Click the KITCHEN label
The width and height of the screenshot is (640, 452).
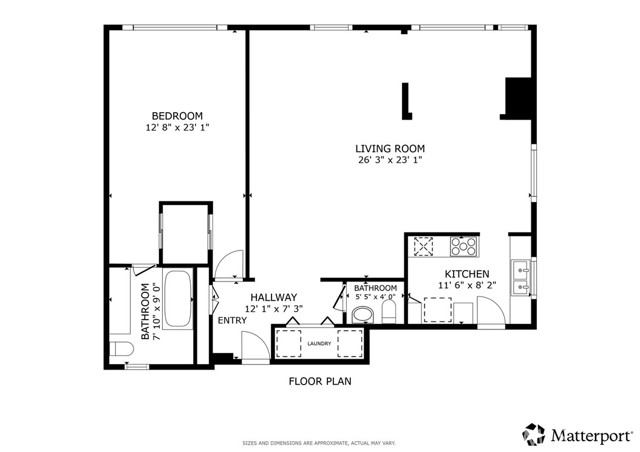pyautogui.click(x=466, y=273)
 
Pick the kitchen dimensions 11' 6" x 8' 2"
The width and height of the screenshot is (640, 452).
pyautogui.click(x=466, y=286)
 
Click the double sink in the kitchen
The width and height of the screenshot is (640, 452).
pyautogui.click(x=522, y=277)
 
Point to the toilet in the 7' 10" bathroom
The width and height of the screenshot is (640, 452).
pyautogui.click(x=119, y=348)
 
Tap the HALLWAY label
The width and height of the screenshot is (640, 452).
pyautogui.click(x=273, y=297)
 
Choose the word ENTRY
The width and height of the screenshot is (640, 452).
pyautogui.click(x=233, y=320)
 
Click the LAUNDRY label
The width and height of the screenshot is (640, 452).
pyautogui.click(x=320, y=343)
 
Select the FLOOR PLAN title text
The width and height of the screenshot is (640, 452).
pyautogui.click(x=320, y=381)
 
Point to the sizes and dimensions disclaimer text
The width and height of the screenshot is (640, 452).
pyautogui.click(x=319, y=441)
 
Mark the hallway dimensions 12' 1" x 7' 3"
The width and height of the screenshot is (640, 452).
pyautogui.click(x=273, y=310)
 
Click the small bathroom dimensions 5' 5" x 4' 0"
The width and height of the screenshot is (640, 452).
pyautogui.click(x=375, y=298)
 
